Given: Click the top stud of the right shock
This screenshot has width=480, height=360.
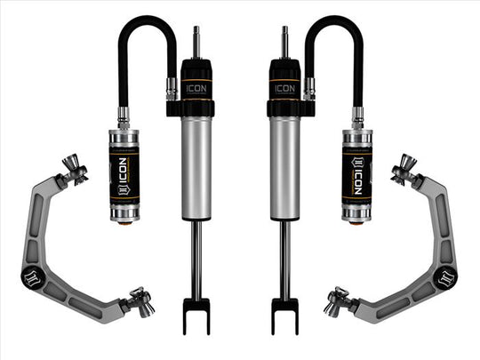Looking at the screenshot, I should click(x=284, y=41).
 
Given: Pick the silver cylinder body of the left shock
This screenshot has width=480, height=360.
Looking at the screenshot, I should click(x=195, y=169).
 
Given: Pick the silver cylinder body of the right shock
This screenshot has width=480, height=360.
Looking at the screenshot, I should click(x=284, y=169).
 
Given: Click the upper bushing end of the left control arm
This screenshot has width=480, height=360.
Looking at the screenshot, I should click(x=74, y=169).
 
